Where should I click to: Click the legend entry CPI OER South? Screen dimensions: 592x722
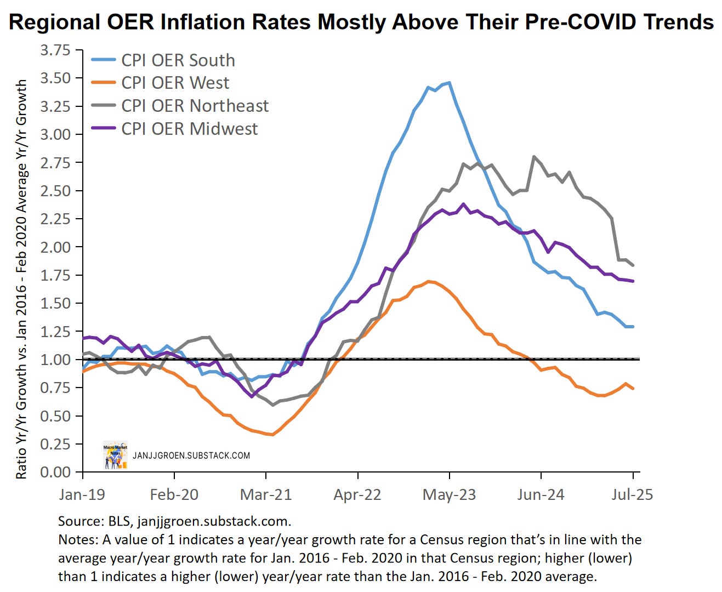click(178, 60)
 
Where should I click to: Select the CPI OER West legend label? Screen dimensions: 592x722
click(175, 83)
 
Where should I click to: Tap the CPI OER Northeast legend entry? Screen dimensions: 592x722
click(195, 106)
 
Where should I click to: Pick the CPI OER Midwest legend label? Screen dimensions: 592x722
click(189, 129)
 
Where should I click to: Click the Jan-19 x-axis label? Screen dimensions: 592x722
click(82, 494)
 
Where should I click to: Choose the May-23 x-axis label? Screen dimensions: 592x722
click(450, 494)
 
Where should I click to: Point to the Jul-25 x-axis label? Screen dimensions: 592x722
click(632, 494)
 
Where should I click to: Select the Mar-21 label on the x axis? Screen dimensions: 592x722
click(266, 494)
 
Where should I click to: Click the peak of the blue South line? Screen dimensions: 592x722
click(450, 83)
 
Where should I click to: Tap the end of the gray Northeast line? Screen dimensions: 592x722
click(633, 265)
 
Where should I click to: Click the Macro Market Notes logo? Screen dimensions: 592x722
click(115, 455)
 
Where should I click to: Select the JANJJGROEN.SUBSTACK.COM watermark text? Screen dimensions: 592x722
click(191, 456)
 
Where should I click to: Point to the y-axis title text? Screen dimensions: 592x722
click(21, 280)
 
